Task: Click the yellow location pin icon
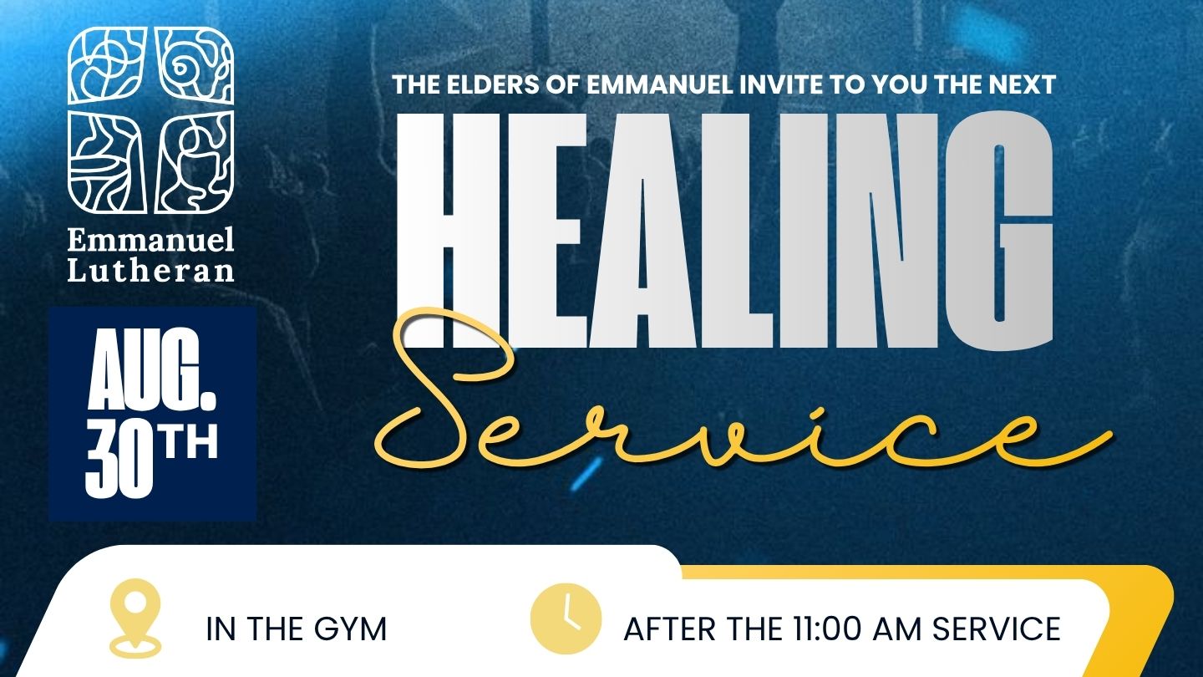(x=135, y=618)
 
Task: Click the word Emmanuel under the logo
(x=150, y=240)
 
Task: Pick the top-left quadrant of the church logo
(x=107, y=65)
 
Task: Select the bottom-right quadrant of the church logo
(x=195, y=162)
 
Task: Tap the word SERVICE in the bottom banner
(x=996, y=629)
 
